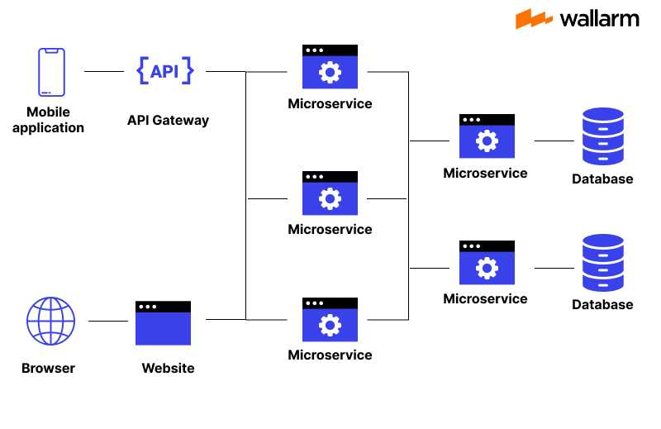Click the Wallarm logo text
(599, 19)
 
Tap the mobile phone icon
(50, 72)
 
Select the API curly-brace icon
(164, 71)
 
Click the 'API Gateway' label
(168, 121)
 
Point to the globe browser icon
(50, 321)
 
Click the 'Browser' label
(48, 369)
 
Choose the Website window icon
(164, 323)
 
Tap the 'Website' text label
(168, 369)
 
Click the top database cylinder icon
(602, 136)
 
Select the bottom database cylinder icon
(602, 263)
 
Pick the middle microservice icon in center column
(330, 193)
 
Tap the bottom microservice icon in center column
(330, 319)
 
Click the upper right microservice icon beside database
(487, 136)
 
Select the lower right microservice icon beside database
(487, 263)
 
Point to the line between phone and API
(103, 72)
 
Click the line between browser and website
(107, 321)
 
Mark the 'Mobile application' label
(48, 120)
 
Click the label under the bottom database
(602, 305)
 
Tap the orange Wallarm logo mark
(534, 19)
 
